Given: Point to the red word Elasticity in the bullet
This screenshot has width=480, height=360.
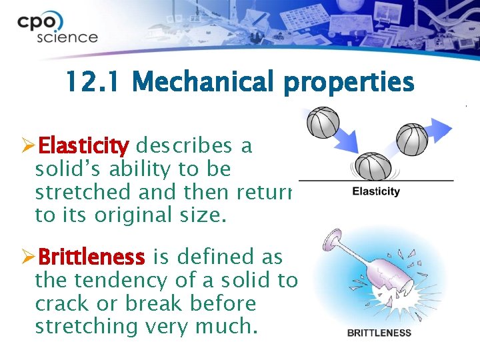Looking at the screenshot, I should click(x=84, y=145).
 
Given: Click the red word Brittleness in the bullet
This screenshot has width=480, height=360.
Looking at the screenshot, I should click(x=91, y=257).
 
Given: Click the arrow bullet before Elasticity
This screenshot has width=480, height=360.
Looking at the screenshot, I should click(x=28, y=145).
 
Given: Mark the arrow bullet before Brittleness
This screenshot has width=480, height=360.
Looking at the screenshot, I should click(x=28, y=257).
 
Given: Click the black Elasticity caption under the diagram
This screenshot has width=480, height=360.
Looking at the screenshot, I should click(x=376, y=192).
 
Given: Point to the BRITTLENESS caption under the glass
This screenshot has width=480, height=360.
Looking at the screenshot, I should click(x=379, y=333).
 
